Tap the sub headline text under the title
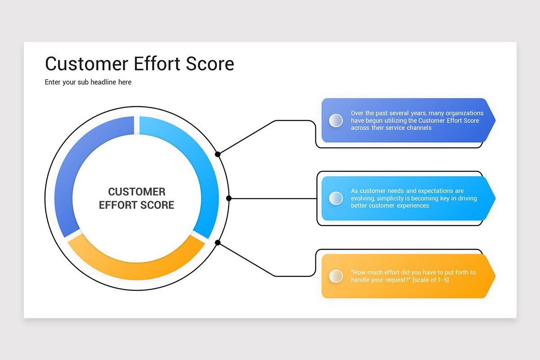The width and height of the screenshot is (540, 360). tap(88, 82)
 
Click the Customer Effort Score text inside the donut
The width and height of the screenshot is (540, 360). tap(136, 198)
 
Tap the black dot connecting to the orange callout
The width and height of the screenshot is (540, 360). tap(218, 243)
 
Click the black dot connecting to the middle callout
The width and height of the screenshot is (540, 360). tap(229, 198)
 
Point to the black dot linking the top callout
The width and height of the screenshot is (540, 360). tap(218, 154)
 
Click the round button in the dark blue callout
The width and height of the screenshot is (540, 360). tap(336, 120)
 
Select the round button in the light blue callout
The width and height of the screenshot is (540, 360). tap(336, 198)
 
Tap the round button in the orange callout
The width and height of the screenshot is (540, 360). tap(336, 276)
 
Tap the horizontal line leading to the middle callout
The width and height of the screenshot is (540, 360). tap(272, 198)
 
